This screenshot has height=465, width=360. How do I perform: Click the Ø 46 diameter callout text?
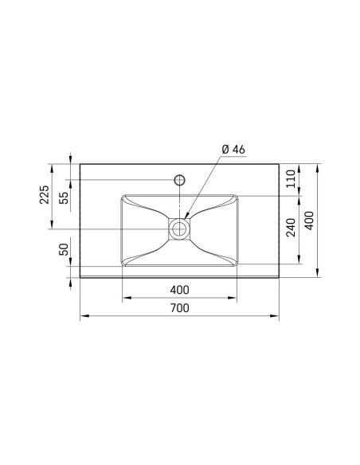(233, 149)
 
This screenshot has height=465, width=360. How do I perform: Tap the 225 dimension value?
(45, 195)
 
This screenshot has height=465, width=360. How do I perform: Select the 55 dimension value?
(64, 197)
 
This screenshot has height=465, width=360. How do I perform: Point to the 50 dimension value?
(64, 249)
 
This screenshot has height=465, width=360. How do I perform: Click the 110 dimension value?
(291, 178)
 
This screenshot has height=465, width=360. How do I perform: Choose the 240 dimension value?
(291, 228)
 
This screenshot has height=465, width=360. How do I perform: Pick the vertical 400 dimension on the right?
(309, 221)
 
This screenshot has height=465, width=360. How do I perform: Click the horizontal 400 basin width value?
(179, 290)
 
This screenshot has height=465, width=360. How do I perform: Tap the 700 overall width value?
(179, 308)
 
